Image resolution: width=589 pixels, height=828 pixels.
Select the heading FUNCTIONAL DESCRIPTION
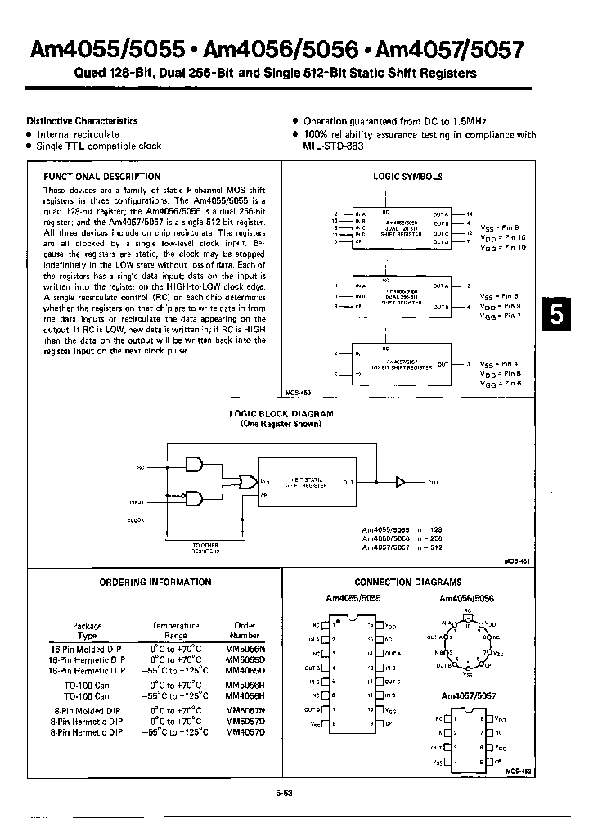coord(101,177)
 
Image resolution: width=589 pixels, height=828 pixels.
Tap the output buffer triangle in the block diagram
coord(401,483)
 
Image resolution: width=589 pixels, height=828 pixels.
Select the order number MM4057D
coord(245,731)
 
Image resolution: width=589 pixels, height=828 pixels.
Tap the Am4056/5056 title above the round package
coord(466,598)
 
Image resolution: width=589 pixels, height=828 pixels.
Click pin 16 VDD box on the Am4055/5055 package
coord(378,624)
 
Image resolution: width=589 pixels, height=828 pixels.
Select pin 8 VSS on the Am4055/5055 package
coord(326,724)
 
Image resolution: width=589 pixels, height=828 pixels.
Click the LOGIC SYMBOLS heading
coord(407,177)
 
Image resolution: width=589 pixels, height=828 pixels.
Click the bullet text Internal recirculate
coord(78,134)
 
